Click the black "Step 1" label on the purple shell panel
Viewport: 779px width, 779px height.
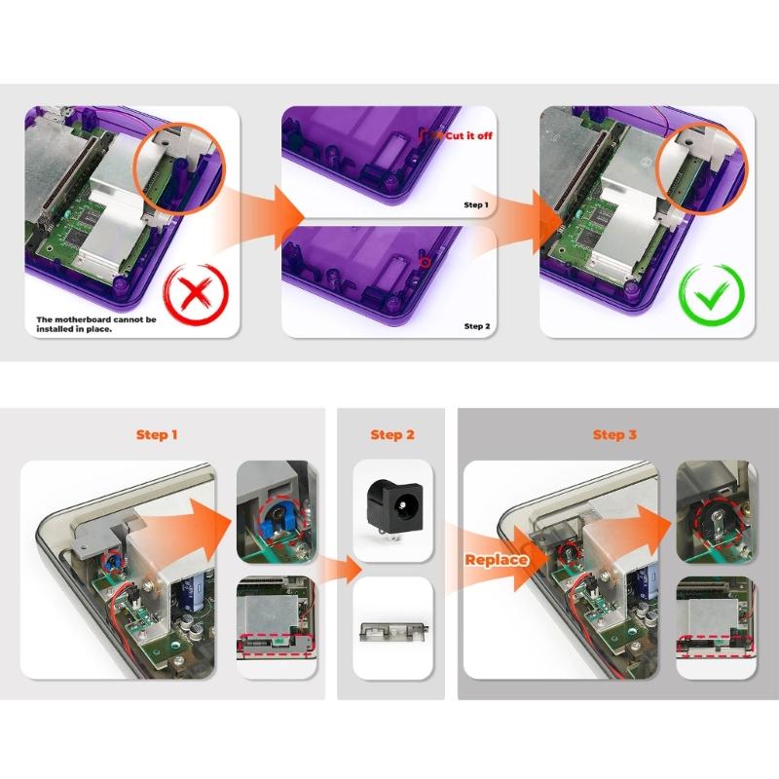click(476, 205)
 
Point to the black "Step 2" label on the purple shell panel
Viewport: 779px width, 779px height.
click(476, 326)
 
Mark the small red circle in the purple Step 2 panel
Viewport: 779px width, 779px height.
click(423, 261)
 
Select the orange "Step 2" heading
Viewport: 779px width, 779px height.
click(391, 434)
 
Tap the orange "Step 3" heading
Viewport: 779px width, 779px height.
click(614, 434)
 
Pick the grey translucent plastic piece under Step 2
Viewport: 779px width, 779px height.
click(391, 628)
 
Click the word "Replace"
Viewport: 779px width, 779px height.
click(496, 560)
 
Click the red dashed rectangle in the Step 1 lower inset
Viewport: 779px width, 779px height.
click(277, 644)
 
